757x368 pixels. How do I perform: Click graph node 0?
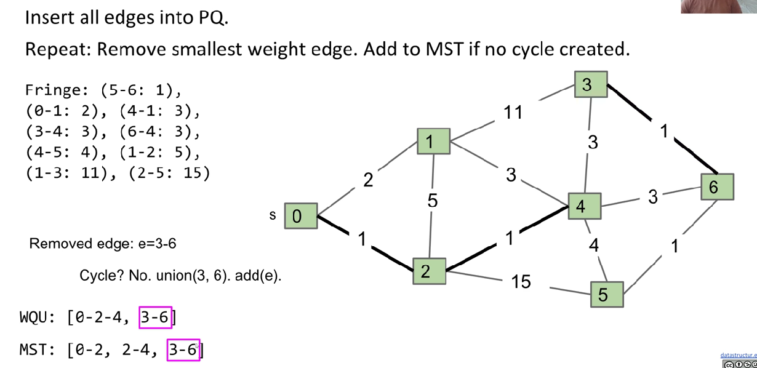[x=300, y=216]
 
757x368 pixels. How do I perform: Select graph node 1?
[x=433, y=142]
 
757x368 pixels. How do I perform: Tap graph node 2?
[x=429, y=271]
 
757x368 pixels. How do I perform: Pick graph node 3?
[x=591, y=84]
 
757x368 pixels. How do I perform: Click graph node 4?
[x=584, y=206]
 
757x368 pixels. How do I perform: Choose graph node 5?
[x=607, y=295]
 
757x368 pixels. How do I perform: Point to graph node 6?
[x=717, y=186]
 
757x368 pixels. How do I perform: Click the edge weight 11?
[x=513, y=112]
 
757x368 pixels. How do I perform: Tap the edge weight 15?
[x=521, y=282]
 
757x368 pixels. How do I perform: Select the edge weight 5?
[x=433, y=200]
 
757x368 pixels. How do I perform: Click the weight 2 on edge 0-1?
[x=368, y=180]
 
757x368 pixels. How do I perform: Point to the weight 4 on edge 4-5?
[x=593, y=246]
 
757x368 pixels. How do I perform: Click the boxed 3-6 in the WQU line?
[x=155, y=317]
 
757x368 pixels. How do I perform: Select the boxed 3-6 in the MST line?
[x=183, y=350]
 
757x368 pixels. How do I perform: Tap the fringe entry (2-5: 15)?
[x=169, y=173]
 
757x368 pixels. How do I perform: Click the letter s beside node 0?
[x=273, y=215]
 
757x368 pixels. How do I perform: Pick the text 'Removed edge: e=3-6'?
[x=103, y=244]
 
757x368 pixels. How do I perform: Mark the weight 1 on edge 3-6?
[x=663, y=132]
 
